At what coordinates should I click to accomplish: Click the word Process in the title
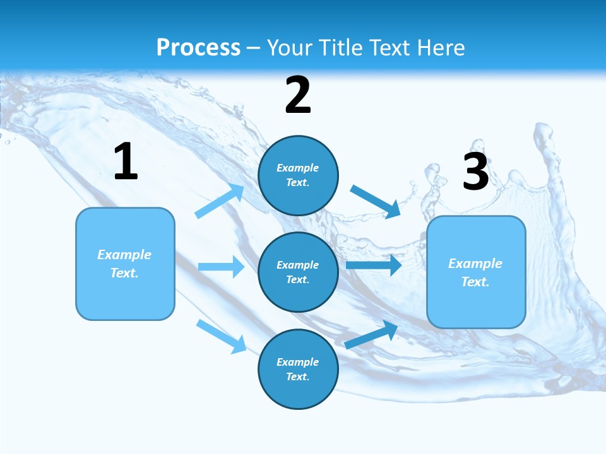(x=198, y=47)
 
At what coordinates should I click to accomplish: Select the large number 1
(x=126, y=162)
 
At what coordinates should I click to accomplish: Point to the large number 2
(x=298, y=95)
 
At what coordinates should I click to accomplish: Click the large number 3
(x=475, y=172)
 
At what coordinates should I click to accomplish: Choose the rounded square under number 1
(x=125, y=264)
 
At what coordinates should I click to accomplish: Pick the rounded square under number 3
(x=476, y=272)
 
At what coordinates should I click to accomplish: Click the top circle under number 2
(x=298, y=175)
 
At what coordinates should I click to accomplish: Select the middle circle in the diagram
(x=298, y=272)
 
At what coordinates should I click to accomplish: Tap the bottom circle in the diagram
(x=298, y=369)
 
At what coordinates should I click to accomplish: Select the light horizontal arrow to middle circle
(x=222, y=267)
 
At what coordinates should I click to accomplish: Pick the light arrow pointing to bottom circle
(x=222, y=336)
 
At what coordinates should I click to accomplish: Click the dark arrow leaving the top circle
(x=376, y=201)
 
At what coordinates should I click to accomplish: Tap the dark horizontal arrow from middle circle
(x=374, y=265)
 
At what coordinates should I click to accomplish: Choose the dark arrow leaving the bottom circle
(x=372, y=334)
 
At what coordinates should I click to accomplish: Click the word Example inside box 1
(x=124, y=255)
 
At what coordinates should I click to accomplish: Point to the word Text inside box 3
(x=475, y=282)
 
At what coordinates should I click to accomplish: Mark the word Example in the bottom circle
(x=297, y=362)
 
